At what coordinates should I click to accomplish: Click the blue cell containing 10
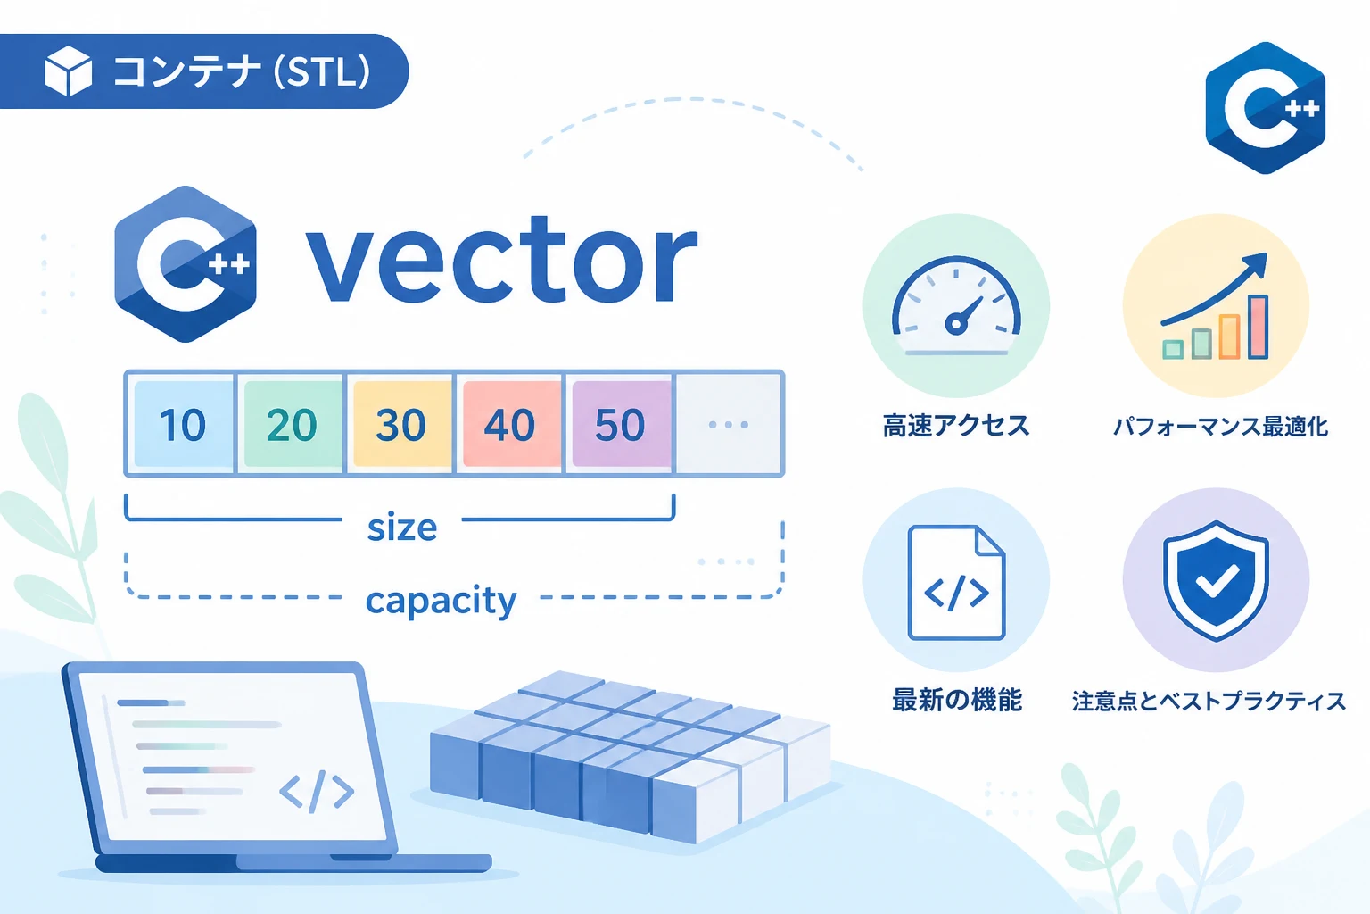click(x=183, y=424)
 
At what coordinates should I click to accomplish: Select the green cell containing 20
click(x=293, y=424)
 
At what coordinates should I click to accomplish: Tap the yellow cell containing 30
click(x=401, y=424)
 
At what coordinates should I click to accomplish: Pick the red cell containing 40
click(x=511, y=424)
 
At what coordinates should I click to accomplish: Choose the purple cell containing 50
click(x=620, y=424)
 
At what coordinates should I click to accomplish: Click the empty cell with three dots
click(x=729, y=424)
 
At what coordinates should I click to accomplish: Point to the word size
click(x=402, y=528)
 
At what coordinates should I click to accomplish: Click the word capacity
click(x=441, y=601)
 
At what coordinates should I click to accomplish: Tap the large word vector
click(x=501, y=260)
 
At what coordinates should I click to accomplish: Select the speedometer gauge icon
click(x=956, y=306)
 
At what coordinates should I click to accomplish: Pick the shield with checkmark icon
click(x=1216, y=580)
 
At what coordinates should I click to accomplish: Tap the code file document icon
click(x=956, y=583)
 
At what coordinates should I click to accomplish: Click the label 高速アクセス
click(x=956, y=426)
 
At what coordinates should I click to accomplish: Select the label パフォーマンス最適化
click(x=1220, y=426)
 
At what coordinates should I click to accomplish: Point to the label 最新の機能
click(x=956, y=699)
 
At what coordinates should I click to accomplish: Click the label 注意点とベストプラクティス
click(x=1209, y=701)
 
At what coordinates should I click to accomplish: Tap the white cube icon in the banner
click(x=69, y=71)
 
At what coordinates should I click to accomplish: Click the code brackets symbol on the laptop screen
click(x=317, y=791)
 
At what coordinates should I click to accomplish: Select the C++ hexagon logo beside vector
click(x=186, y=264)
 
